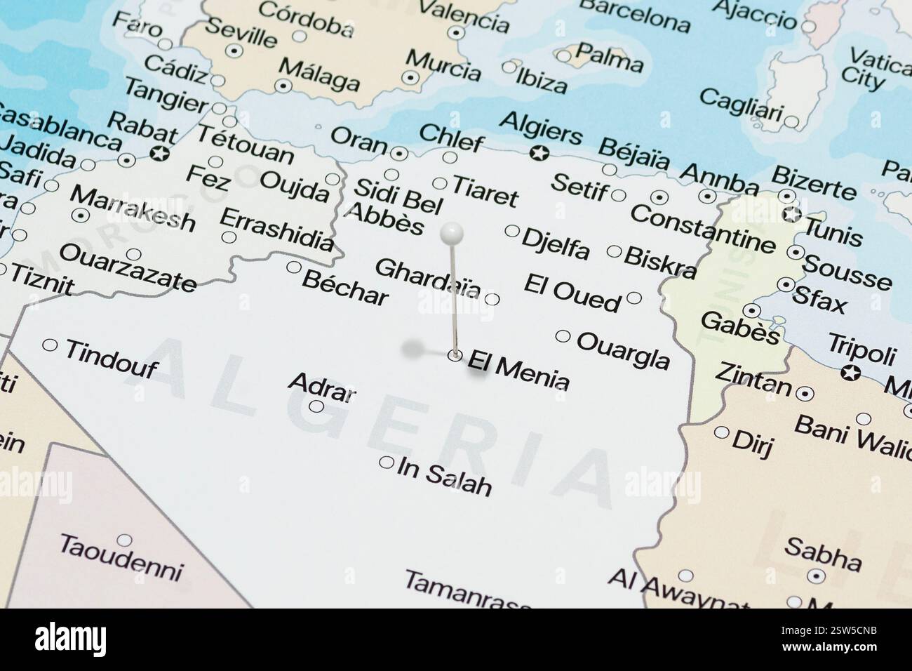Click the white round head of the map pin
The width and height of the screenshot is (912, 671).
(452, 231)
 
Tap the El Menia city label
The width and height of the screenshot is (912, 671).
(518, 370)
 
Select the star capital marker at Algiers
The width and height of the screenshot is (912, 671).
(539, 152)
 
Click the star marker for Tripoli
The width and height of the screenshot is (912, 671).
(851, 373)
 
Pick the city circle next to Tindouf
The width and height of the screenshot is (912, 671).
(51, 345)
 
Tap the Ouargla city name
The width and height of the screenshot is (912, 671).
(623, 350)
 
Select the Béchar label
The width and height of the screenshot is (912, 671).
(344, 287)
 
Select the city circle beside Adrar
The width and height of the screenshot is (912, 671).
(316, 406)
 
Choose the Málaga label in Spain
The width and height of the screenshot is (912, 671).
(319, 75)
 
